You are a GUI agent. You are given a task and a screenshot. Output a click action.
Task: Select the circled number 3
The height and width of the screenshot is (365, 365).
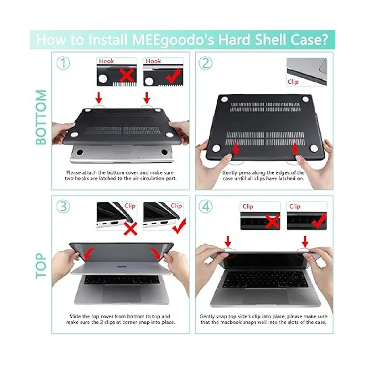[63, 206]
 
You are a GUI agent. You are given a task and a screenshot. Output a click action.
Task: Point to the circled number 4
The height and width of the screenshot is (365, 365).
[206, 206]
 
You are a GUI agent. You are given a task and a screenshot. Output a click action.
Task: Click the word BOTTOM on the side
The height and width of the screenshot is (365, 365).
[41, 117]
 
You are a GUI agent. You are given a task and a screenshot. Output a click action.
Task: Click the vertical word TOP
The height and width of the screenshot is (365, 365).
[41, 266]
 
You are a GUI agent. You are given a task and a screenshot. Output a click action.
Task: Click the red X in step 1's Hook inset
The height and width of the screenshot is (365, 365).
[127, 75]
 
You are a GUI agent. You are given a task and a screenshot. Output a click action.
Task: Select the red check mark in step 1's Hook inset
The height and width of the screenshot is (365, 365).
[173, 76]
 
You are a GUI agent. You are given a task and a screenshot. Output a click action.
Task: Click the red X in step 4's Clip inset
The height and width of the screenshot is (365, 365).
[272, 221]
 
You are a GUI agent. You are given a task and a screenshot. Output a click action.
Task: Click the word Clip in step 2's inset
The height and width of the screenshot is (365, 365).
[293, 82]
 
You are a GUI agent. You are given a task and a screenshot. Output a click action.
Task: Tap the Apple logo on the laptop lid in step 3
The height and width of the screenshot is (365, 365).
[120, 267]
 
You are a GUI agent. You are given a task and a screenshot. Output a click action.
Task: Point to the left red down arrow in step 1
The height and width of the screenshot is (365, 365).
[99, 98]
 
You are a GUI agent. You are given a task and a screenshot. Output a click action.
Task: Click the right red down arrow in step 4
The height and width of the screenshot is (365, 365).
[305, 242]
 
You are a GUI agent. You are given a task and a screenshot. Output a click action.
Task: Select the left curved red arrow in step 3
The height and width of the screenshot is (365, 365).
[89, 254]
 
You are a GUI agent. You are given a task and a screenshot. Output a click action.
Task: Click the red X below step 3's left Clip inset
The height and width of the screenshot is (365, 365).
[130, 229]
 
